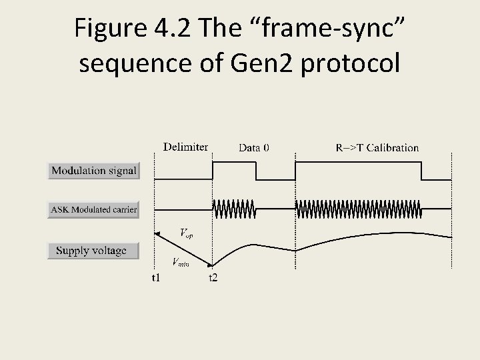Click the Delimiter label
pyautogui.click(x=185, y=147)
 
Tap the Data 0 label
pyautogui.click(x=254, y=147)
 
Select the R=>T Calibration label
pyautogui.click(x=377, y=147)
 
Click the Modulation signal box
pyautogui.click(x=94, y=171)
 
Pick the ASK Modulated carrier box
pyautogui.click(x=94, y=210)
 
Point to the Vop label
pyautogui.click(x=187, y=233)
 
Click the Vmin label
pyautogui.click(x=181, y=263)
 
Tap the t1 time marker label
pyautogui.click(x=155, y=277)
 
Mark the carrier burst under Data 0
pyautogui.click(x=234, y=209)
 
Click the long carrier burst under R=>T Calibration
pyautogui.click(x=359, y=209)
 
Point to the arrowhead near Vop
pyautogui.click(x=157, y=233)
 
